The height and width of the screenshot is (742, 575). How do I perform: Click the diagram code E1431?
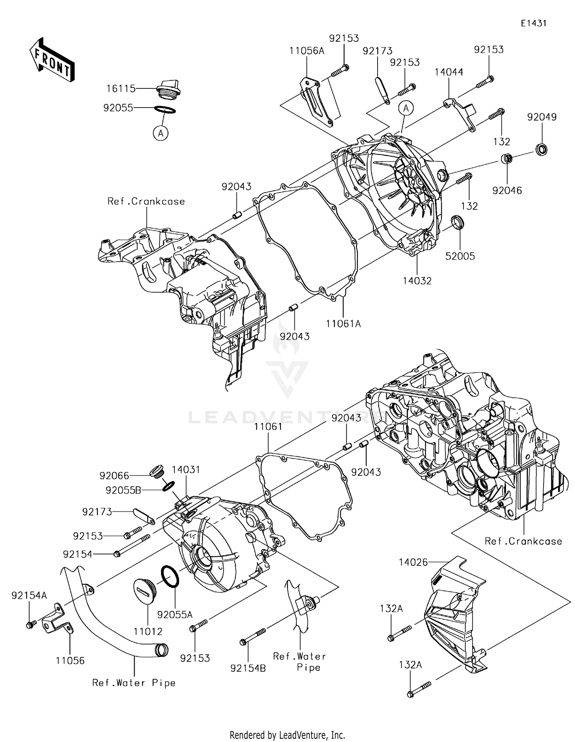pyautogui.click(x=533, y=23)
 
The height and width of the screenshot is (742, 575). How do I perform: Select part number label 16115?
pyautogui.click(x=121, y=89)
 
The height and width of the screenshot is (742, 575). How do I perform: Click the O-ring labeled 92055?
pyautogui.click(x=165, y=110)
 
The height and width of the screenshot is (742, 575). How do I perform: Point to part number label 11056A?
pyautogui.click(x=307, y=51)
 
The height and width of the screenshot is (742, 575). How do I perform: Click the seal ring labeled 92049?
pyautogui.click(x=541, y=149)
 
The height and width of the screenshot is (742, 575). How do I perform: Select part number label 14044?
pyautogui.click(x=449, y=72)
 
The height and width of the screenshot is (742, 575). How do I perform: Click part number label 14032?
pyautogui.click(x=417, y=281)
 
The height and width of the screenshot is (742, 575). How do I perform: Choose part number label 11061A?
pyautogui.click(x=343, y=324)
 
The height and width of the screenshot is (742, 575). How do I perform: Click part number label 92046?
pyautogui.click(x=507, y=190)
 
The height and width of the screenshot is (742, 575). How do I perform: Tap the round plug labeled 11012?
pyautogui.click(x=144, y=591)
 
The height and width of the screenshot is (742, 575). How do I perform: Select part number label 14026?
pyautogui.click(x=413, y=562)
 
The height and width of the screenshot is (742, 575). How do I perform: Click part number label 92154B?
pyautogui.click(x=248, y=668)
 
